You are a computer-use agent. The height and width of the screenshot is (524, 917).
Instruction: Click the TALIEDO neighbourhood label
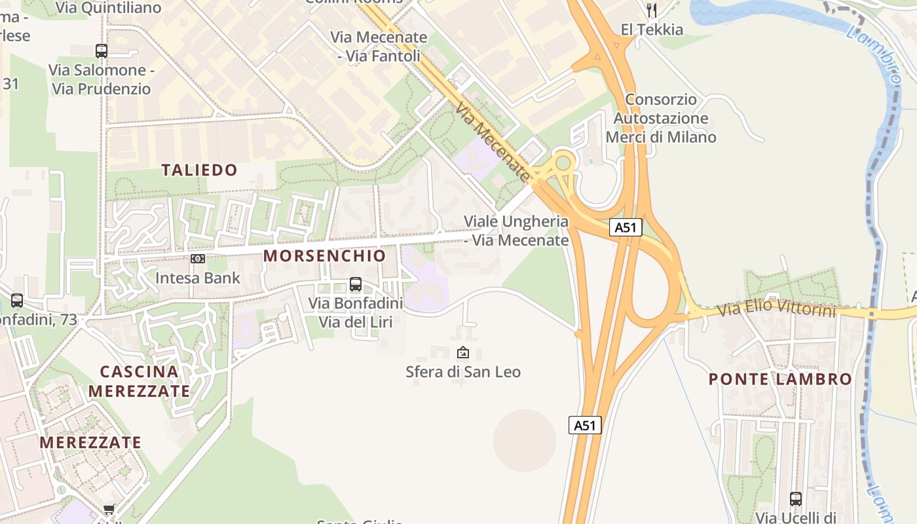click(x=199, y=170)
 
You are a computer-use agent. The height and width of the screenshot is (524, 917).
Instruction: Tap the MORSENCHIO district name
click(x=325, y=255)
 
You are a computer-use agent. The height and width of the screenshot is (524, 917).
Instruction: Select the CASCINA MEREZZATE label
click(x=140, y=381)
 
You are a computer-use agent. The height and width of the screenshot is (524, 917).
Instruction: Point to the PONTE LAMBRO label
click(x=780, y=379)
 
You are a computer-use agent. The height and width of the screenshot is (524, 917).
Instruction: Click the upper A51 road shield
click(x=626, y=227)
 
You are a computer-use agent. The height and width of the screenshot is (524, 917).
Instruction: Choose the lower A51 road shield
click(x=584, y=425)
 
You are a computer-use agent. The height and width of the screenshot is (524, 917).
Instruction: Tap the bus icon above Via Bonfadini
click(x=356, y=284)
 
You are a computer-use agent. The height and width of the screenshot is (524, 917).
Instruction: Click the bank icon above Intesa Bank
click(x=198, y=259)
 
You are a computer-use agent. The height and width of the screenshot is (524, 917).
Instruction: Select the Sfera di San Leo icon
click(x=463, y=352)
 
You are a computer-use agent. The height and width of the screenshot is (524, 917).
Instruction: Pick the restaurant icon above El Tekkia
click(x=651, y=10)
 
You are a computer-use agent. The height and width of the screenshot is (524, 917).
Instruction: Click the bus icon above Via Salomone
click(x=102, y=51)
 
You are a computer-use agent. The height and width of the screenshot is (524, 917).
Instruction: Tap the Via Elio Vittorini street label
click(x=777, y=309)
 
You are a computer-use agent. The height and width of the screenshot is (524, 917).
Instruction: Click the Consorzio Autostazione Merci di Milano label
click(x=660, y=119)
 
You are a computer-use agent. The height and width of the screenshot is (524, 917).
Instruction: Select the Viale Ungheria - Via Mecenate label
click(x=516, y=231)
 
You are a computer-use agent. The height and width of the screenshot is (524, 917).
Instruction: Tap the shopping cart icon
click(x=109, y=509)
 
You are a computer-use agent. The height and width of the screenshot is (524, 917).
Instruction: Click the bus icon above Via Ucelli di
click(x=796, y=499)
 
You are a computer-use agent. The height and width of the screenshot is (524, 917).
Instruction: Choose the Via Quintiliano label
click(x=109, y=8)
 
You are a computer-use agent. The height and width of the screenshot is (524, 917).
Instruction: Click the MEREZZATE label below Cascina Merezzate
click(x=90, y=442)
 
